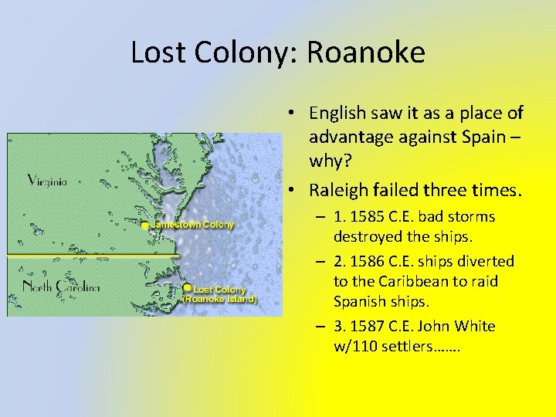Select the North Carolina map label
[62, 287]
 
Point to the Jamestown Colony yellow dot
[145, 225]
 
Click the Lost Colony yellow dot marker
[187, 288]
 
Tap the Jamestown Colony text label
[192, 225]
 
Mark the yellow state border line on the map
[93, 255]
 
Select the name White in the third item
[476, 326]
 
